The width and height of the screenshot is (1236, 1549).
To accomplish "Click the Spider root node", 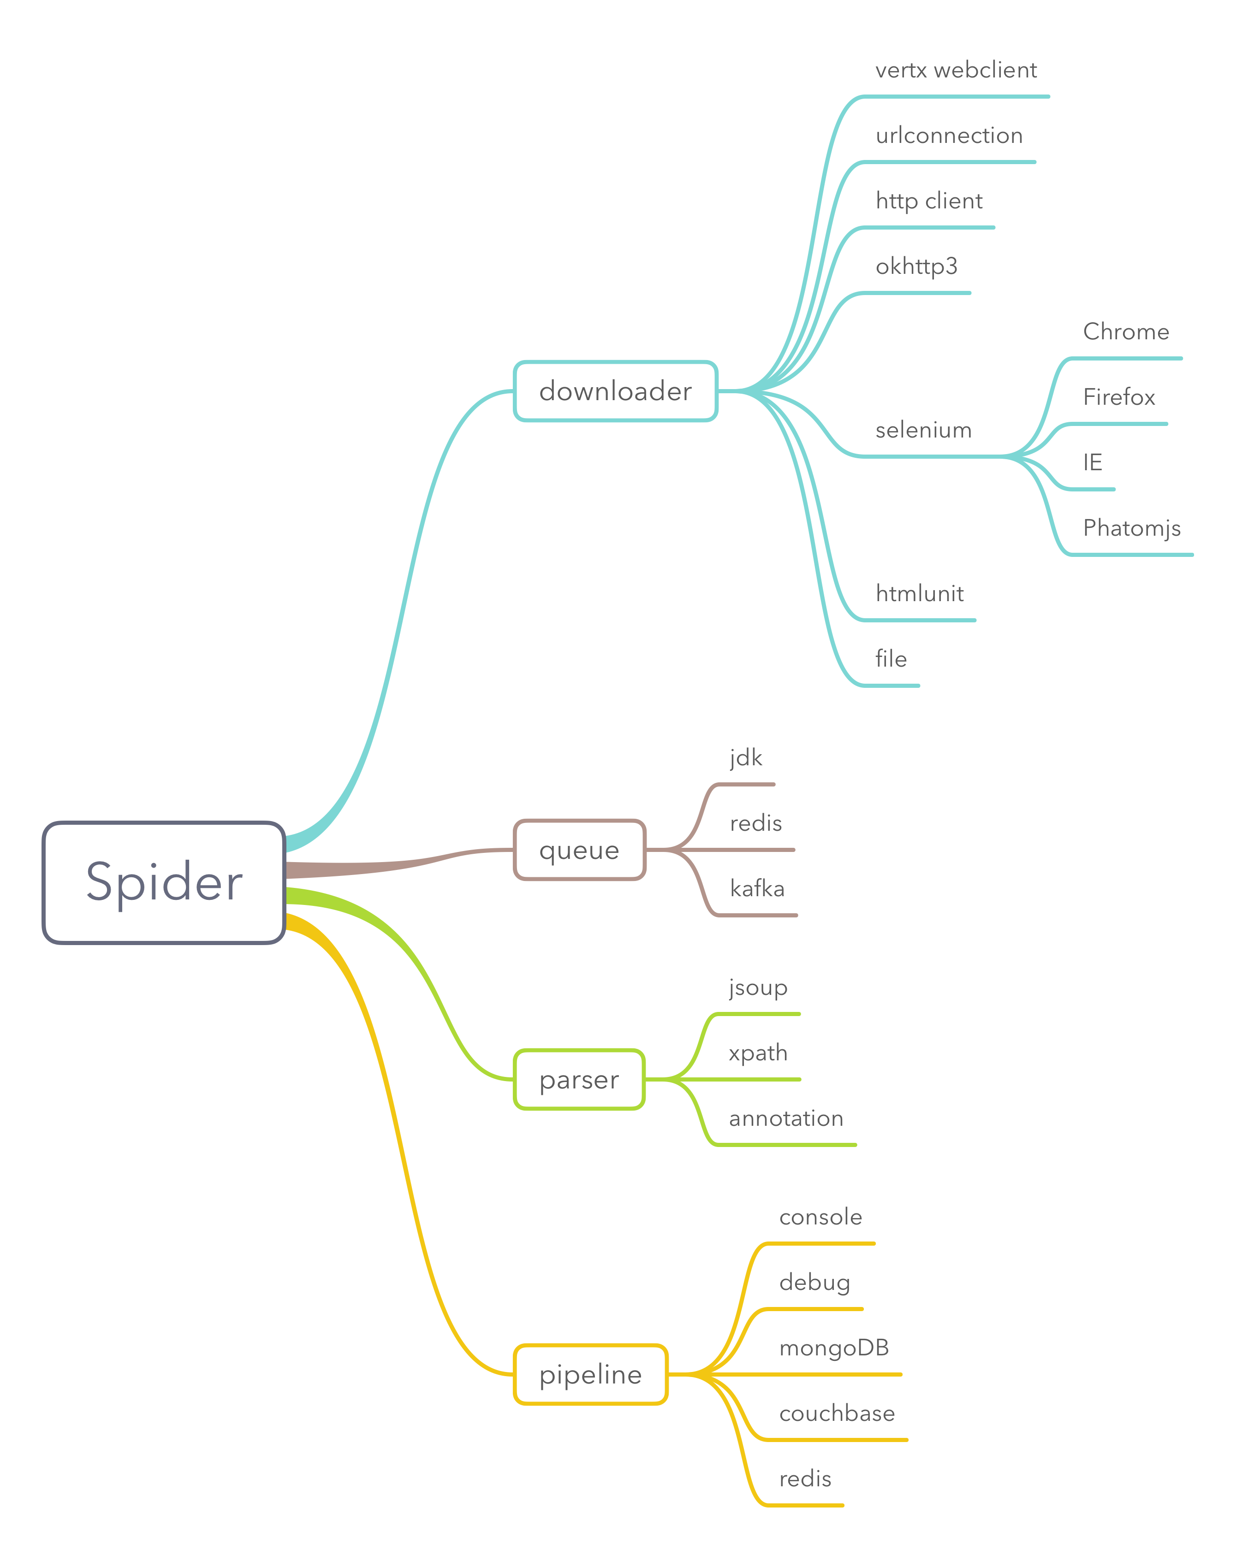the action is coord(164,882).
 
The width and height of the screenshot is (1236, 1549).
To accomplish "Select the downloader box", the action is coord(615,391).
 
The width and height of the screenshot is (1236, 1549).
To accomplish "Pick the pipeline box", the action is coord(590,1374).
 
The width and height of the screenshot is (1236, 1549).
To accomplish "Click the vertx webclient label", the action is coord(956,71).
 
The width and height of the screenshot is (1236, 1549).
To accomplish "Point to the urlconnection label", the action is coord(949,136).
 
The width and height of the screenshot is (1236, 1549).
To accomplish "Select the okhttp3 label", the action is coord(916,266).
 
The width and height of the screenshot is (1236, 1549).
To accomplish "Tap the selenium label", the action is coord(923,431).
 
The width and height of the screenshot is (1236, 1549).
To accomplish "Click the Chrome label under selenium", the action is coord(1125,332).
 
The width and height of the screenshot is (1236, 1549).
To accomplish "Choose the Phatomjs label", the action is coord(1131,528).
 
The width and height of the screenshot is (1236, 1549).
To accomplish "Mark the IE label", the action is coord(1092,463).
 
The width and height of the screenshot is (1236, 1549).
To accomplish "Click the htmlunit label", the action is coord(919,593).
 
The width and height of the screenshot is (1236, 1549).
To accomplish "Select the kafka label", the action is coord(757,889).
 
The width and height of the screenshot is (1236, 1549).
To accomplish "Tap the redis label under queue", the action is coord(755,823).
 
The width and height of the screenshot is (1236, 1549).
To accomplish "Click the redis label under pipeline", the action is coord(805,1478).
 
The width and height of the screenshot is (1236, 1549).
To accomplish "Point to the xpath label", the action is coord(758,1053).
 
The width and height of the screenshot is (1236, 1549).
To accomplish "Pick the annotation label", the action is coord(785,1118).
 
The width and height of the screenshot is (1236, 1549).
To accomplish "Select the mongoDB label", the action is coord(833,1348).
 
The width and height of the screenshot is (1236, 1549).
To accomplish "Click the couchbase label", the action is coord(837,1413).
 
